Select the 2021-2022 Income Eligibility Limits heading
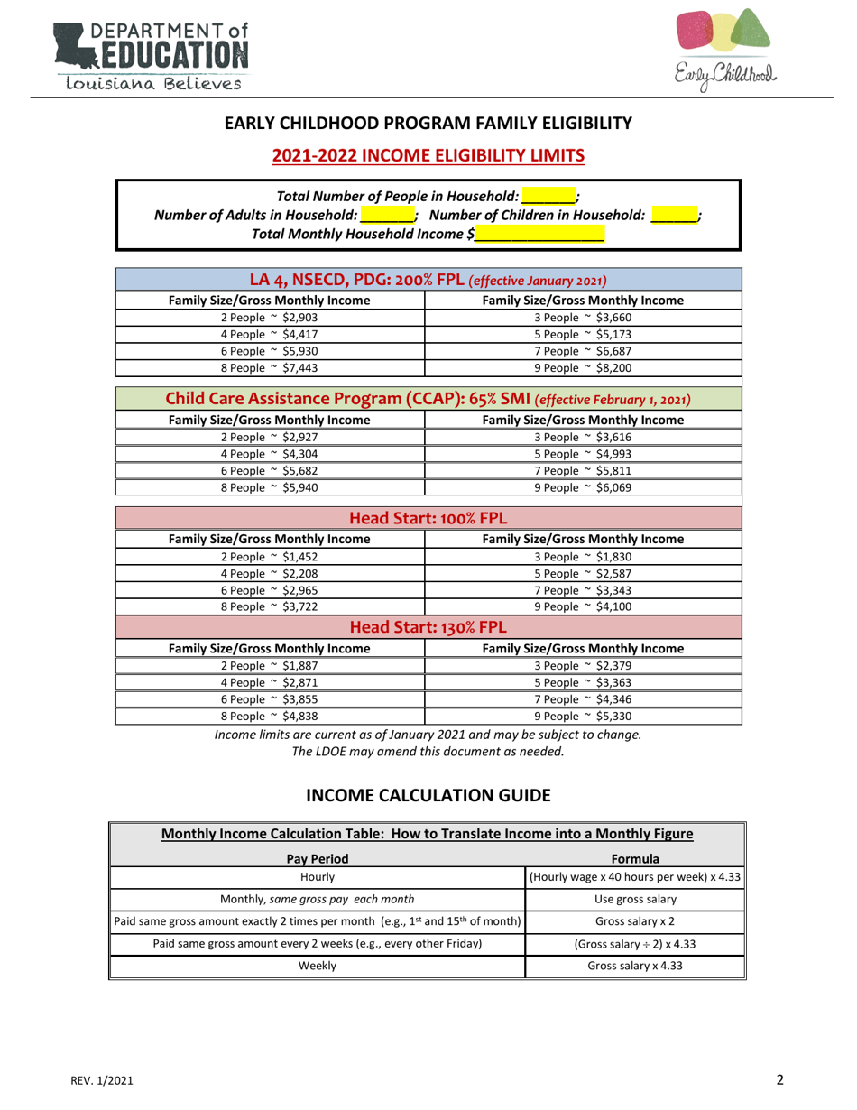coord(428,155)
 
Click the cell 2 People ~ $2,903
coord(270,317)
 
